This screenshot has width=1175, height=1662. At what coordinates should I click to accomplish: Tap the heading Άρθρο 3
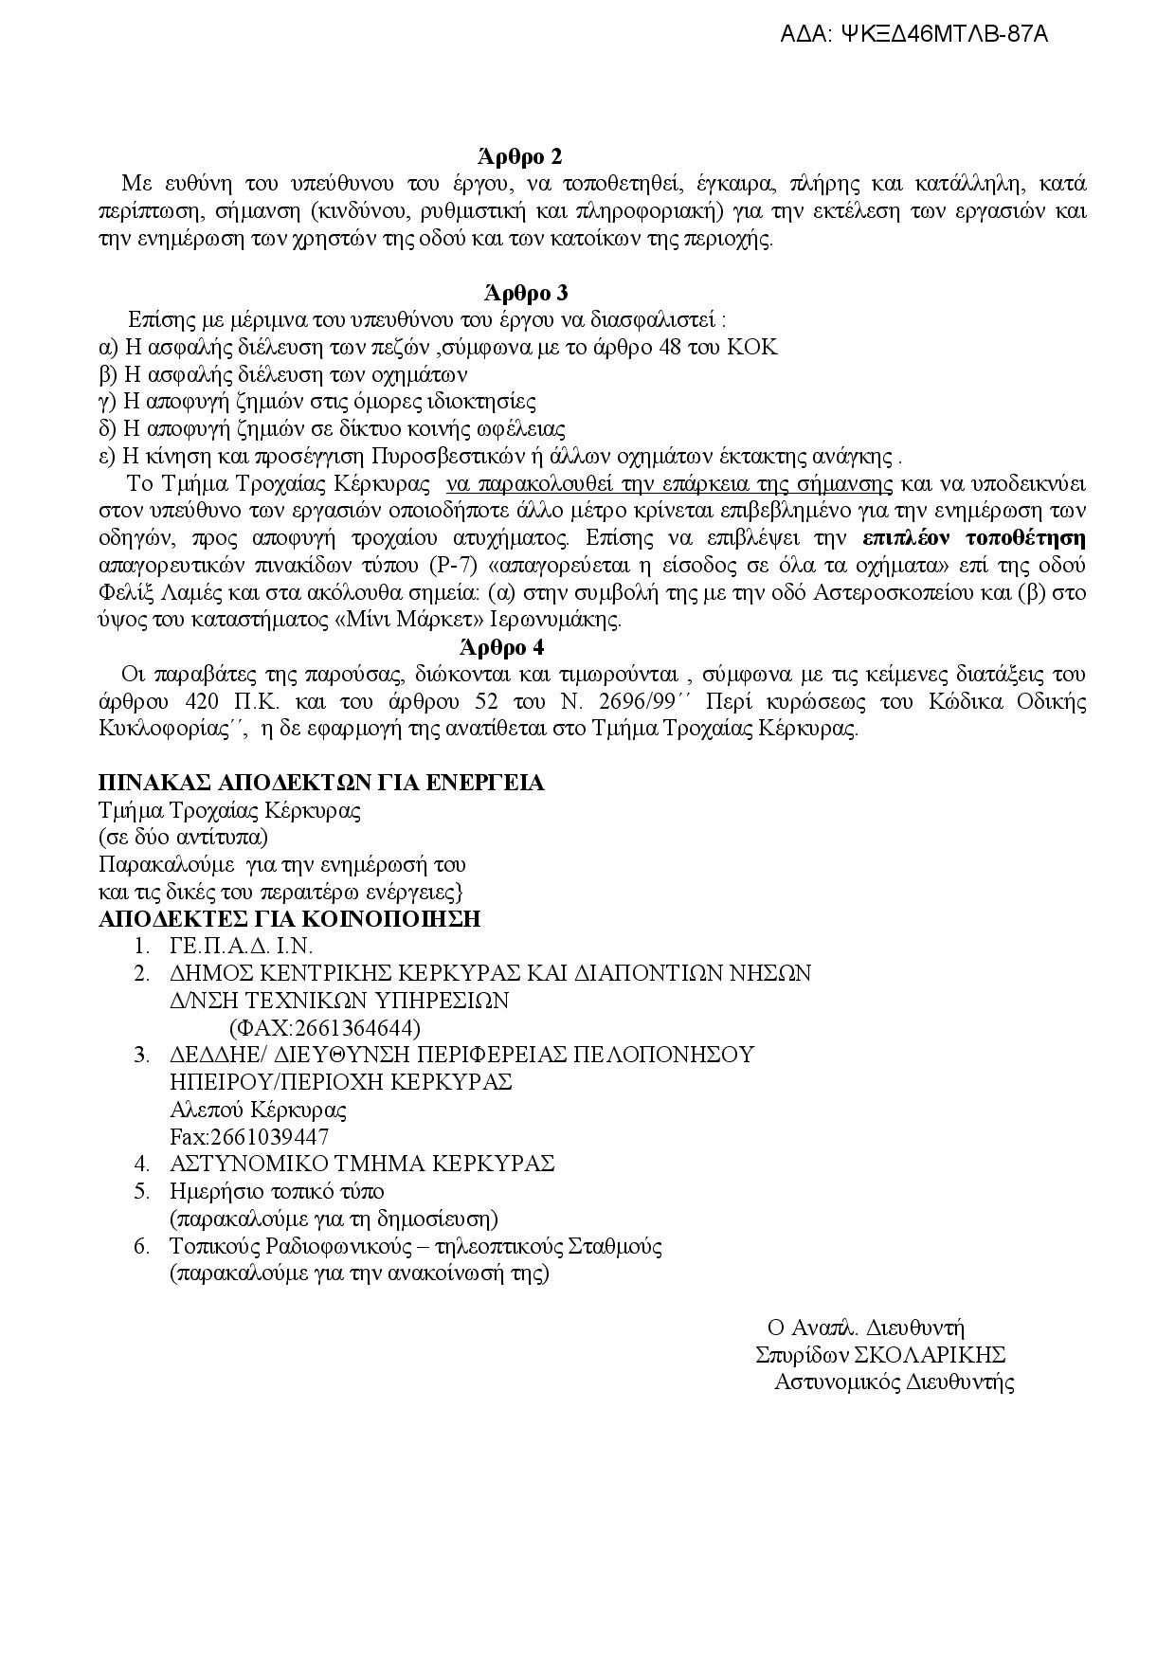coord(523,293)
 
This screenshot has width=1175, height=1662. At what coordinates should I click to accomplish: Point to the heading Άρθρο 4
coord(501,648)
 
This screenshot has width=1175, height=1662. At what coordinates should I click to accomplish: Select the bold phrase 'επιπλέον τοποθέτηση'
coord(974,539)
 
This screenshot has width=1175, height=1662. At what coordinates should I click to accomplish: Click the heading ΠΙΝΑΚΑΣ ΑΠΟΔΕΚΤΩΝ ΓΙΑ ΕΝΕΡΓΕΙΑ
coord(322,784)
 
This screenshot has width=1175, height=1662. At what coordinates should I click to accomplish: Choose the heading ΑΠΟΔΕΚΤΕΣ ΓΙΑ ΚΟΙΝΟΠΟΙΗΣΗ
coord(290,919)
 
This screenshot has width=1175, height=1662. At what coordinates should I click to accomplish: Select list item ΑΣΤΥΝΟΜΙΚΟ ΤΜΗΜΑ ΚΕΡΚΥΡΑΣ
coord(362,1164)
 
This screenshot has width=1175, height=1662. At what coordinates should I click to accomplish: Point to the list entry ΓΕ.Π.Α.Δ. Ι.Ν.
coord(241,947)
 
